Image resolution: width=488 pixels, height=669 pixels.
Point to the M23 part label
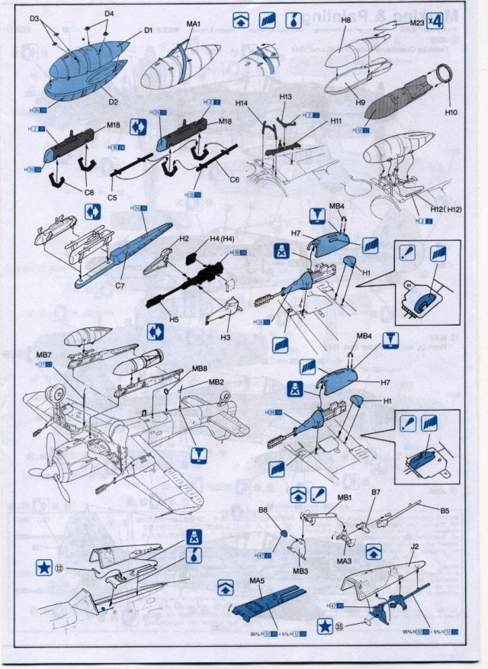click(x=416, y=23)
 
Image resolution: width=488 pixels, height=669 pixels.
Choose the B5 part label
click(x=444, y=510)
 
